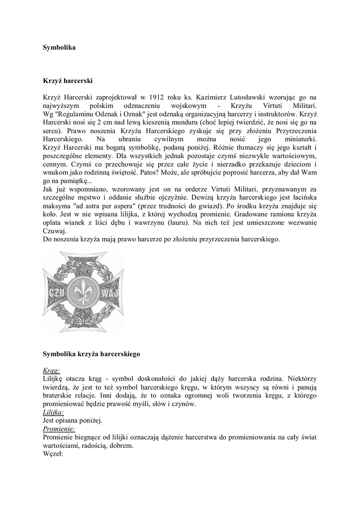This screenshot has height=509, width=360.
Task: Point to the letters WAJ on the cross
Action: tap(109, 292)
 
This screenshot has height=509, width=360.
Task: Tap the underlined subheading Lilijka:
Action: tap(53, 413)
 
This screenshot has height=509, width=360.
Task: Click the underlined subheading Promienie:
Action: tap(59, 429)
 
